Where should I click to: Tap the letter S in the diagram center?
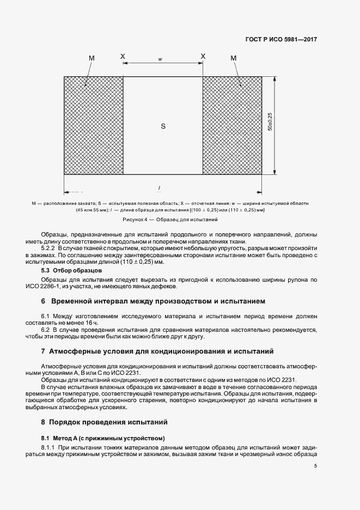(x=163, y=126)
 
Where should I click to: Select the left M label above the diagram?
(x=91, y=58)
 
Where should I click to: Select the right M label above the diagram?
(x=234, y=58)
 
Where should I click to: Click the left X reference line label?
(x=123, y=56)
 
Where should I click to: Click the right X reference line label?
(x=203, y=56)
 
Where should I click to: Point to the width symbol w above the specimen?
(x=160, y=59)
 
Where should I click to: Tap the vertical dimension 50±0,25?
(x=271, y=126)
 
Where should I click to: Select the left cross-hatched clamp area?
(x=93, y=126)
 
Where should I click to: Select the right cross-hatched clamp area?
(x=232, y=126)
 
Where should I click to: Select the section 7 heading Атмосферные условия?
(x=157, y=351)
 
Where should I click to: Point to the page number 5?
(x=315, y=466)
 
